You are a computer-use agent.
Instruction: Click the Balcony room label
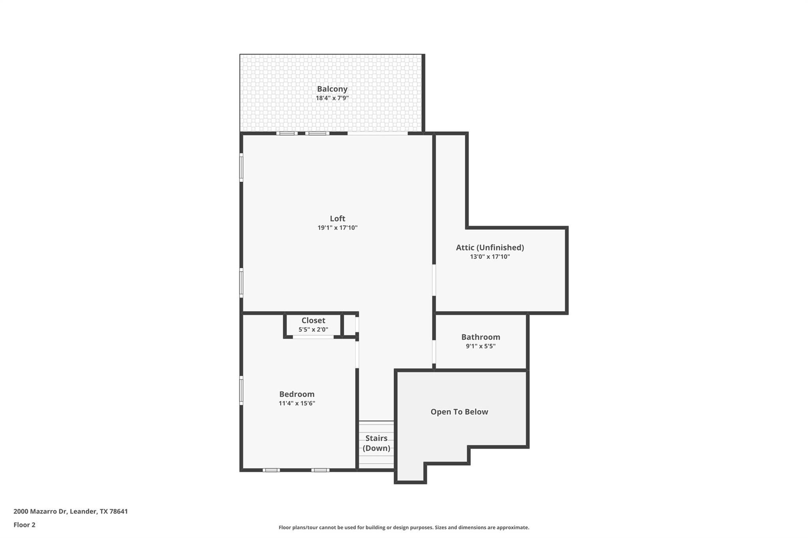[332, 89]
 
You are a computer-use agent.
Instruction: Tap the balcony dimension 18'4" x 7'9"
[332, 98]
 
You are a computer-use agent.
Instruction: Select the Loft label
[337, 218]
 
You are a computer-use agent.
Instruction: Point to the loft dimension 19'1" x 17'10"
[337, 228]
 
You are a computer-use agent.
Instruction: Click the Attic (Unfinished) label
[490, 248]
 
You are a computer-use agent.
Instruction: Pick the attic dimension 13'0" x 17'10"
[490, 257]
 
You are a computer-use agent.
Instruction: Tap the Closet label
[313, 320]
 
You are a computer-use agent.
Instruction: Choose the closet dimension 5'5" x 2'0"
[313, 330]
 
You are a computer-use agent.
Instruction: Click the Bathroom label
[481, 337]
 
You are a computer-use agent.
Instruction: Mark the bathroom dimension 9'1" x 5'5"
[481, 346]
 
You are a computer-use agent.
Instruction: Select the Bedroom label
[297, 394]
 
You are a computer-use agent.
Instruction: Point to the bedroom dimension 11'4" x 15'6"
[297, 403]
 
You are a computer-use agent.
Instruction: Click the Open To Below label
[459, 412]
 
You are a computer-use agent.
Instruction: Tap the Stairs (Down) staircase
[376, 443]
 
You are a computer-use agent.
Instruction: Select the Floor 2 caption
[24, 525]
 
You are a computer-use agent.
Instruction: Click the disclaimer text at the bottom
[404, 527]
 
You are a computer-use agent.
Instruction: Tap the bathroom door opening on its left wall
[434, 352]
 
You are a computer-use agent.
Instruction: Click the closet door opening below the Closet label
[313, 337]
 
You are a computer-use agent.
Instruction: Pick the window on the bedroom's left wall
[241, 390]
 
